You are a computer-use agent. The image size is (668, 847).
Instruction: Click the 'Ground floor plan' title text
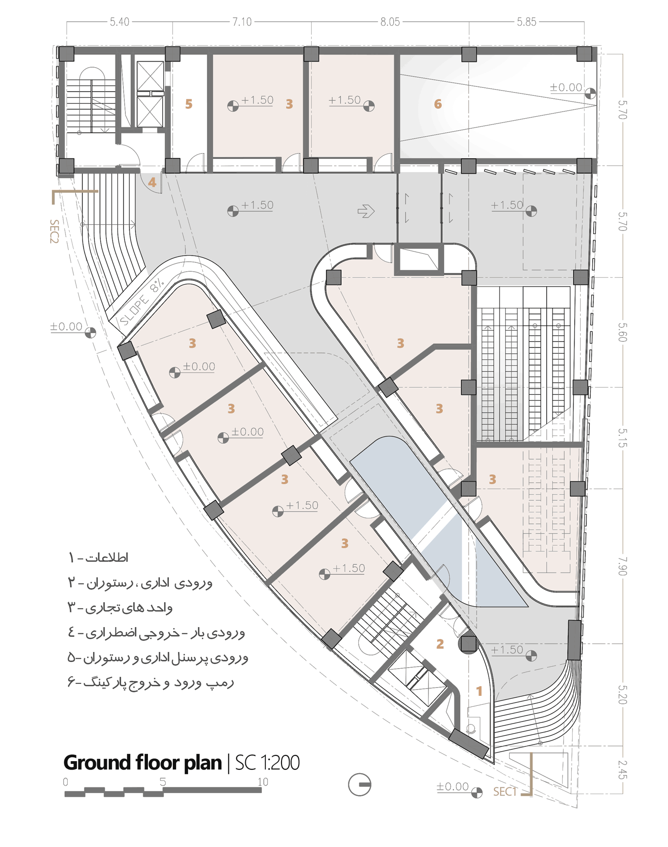(x=142, y=763)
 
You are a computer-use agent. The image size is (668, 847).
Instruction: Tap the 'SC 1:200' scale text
(x=267, y=763)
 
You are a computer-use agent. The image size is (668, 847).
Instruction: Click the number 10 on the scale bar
(x=263, y=782)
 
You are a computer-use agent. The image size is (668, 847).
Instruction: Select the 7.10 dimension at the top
(x=242, y=22)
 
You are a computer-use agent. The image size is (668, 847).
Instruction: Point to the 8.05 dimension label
(x=390, y=22)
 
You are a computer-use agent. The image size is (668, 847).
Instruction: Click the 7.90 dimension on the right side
(x=622, y=566)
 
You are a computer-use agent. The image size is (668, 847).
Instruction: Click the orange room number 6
(x=438, y=104)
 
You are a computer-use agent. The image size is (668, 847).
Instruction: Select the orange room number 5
(x=188, y=104)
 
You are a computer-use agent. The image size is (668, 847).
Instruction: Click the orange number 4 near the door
(x=152, y=182)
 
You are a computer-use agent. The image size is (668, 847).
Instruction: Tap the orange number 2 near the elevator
(x=440, y=644)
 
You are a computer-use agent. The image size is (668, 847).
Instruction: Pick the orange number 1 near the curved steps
(x=479, y=691)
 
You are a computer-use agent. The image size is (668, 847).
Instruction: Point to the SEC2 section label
(x=54, y=231)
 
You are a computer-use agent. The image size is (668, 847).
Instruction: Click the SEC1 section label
(x=505, y=792)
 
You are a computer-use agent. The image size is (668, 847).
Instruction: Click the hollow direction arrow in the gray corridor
(x=366, y=211)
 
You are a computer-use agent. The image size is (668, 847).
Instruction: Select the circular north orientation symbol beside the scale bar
(x=360, y=785)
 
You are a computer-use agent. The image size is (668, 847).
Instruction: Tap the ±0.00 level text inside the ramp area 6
(x=566, y=88)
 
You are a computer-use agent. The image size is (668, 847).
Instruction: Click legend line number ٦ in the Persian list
(x=150, y=682)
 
